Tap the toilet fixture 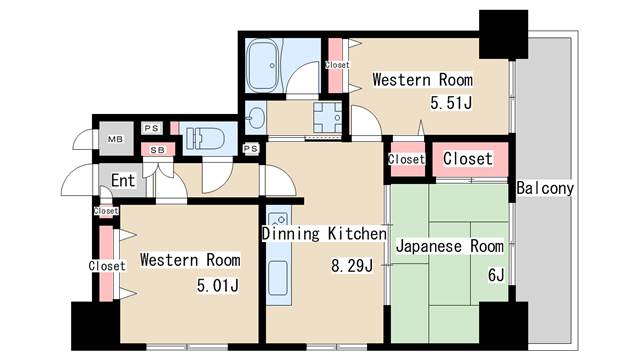pyautogui.click(x=205, y=139)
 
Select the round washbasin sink pyautogui.click(x=256, y=118)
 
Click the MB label pyautogui.click(x=115, y=139)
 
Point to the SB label pyautogui.click(x=158, y=150)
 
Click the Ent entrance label pyautogui.click(x=123, y=180)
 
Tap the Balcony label pyautogui.click(x=545, y=188)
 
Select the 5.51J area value pyautogui.click(x=451, y=103)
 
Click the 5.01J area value pyautogui.click(x=218, y=285)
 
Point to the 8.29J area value pyautogui.click(x=352, y=266)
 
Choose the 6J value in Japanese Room pyautogui.click(x=496, y=275)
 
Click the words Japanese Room pyautogui.click(x=449, y=246)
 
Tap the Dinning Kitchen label pyautogui.click(x=324, y=233)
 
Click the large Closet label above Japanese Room pyautogui.click(x=468, y=159)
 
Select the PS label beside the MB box pyautogui.click(x=151, y=128)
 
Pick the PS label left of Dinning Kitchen pyautogui.click(x=251, y=149)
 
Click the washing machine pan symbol pyautogui.click(x=327, y=117)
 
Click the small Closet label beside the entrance pyautogui.click(x=106, y=211)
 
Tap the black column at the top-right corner pyautogui.click(x=503, y=35)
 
